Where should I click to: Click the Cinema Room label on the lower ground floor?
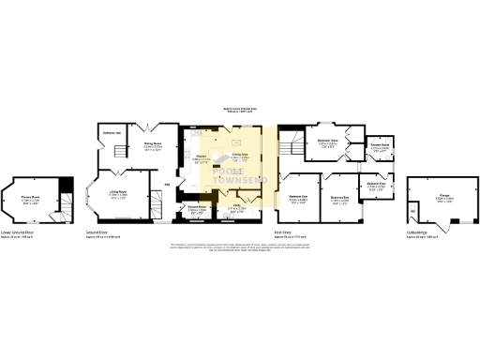tap(31, 199)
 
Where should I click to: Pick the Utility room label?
tap(238, 209)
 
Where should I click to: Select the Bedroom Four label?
tap(377, 186)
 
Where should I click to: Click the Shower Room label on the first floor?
tap(379, 147)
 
